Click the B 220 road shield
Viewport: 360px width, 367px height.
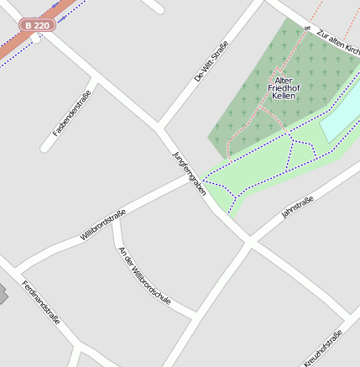pyautogui.click(x=37, y=26)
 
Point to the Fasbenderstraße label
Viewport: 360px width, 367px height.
pyautogui.click(x=71, y=113)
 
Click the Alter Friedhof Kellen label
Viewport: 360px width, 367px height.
pyautogui.click(x=283, y=87)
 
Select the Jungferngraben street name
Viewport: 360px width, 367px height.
pyautogui.click(x=189, y=174)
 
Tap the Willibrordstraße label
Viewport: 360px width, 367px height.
pyautogui.click(x=102, y=224)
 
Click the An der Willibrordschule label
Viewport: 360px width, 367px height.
pyautogui.click(x=145, y=275)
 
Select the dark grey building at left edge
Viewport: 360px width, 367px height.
pyautogui.click(x=3, y=294)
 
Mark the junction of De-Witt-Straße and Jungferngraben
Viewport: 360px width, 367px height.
pyautogui.click(x=159, y=128)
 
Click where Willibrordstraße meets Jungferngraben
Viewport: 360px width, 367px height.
pyautogui.click(x=196, y=180)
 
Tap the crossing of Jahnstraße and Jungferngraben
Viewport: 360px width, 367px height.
pyautogui.click(x=248, y=244)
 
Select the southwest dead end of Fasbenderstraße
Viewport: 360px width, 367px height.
pyautogui.click(x=44, y=149)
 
